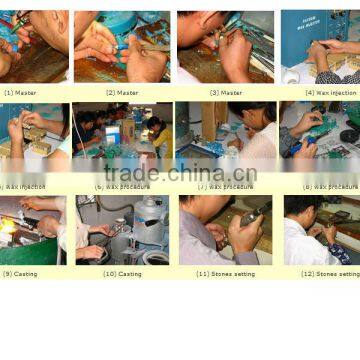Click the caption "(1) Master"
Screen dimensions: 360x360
pyautogui.click(x=22, y=92)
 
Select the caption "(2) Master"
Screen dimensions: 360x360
pyautogui.click(x=121, y=92)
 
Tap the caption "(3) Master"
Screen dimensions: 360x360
pyautogui.click(x=225, y=92)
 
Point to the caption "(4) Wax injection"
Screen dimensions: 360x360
pyautogui.click(x=330, y=92)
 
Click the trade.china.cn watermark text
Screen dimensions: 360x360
pyautogui.click(x=180, y=172)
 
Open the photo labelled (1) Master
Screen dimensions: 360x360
pyautogui.click(x=34, y=46)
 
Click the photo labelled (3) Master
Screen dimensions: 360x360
pyautogui.click(x=225, y=46)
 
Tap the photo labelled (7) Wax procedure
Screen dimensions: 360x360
pyautogui.click(x=225, y=139)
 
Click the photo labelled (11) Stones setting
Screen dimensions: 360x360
pyautogui.click(x=225, y=230)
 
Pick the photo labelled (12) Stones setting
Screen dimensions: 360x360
pyautogui.click(x=320, y=230)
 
